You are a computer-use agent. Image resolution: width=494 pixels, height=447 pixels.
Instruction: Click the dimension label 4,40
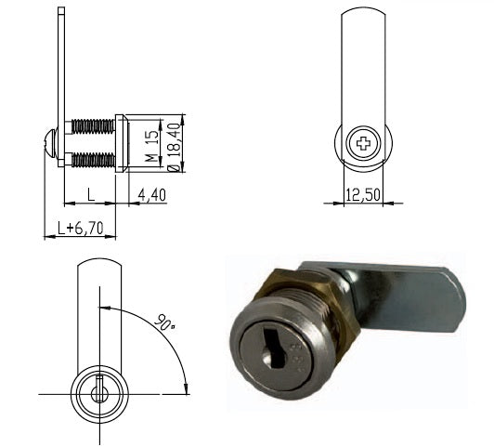152,195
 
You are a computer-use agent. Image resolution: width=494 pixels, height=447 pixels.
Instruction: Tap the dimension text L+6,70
81,228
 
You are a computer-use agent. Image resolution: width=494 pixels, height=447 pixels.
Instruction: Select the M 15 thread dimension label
152,146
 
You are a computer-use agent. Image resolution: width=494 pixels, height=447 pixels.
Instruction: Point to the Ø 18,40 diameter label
175,147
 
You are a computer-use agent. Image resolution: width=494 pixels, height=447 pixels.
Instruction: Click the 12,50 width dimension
363,194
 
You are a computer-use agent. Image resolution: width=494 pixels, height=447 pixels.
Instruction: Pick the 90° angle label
164,322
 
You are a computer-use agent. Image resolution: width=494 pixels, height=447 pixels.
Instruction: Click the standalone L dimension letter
91,194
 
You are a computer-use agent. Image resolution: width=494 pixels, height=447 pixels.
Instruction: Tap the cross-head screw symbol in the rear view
363,143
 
